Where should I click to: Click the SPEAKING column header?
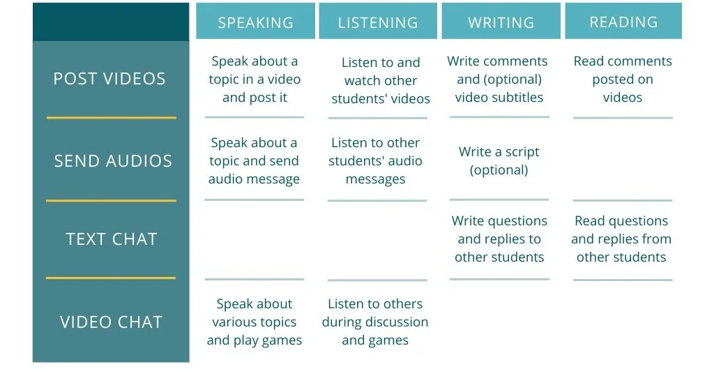(x=255, y=22)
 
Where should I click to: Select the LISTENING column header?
(x=378, y=22)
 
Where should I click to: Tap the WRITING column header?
(x=501, y=22)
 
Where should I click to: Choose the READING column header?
(x=623, y=22)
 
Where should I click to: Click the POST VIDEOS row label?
(x=110, y=79)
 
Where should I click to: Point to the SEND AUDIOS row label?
(x=112, y=160)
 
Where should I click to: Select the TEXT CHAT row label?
(x=112, y=239)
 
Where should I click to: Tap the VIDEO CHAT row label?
(x=112, y=322)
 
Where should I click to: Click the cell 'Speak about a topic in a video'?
(x=255, y=80)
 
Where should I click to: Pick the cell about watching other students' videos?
(x=381, y=81)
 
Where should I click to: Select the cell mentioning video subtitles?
(x=499, y=80)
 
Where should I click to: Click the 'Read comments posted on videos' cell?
(x=623, y=80)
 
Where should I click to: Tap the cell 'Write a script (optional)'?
(x=499, y=161)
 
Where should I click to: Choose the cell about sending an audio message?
(x=255, y=161)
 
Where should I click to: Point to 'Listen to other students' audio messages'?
(x=376, y=161)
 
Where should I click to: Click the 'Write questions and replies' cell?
(x=499, y=239)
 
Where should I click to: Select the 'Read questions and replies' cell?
(x=621, y=239)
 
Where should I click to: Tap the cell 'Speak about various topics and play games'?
(x=255, y=322)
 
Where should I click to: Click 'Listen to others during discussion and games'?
(x=375, y=322)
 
